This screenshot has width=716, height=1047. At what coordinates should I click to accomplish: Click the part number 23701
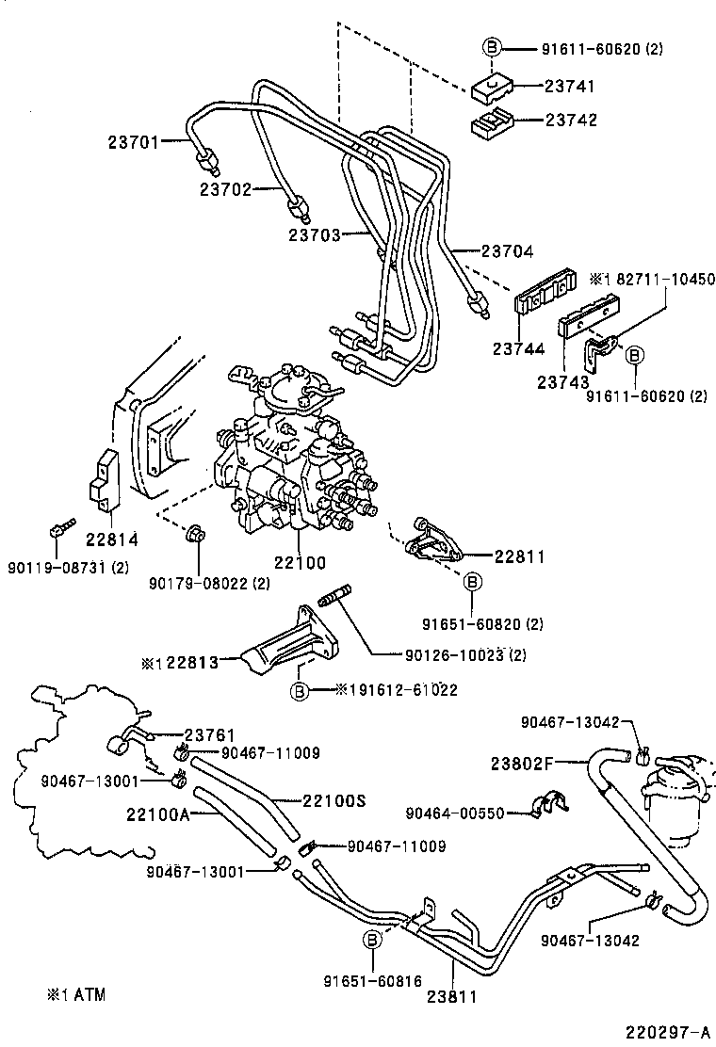pyautogui.click(x=134, y=142)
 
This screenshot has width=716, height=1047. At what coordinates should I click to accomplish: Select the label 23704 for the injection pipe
pyautogui.click(x=507, y=251)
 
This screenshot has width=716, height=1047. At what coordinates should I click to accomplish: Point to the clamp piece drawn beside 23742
pyautogui.click(x=491, y=122)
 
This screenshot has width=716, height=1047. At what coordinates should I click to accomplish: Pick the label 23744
pyautogui.click(x=518, y=348)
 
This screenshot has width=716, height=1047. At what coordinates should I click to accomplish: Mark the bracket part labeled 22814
pyautogui.click(x=104, y=483)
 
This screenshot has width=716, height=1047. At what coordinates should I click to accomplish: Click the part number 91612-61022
pyautogui.click(x=403, y=690)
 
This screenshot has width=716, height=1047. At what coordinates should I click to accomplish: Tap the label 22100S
pyautogui.click(x=334, y=801)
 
